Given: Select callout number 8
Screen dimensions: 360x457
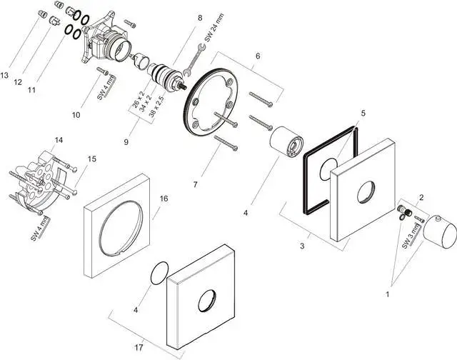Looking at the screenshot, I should pos(200,18).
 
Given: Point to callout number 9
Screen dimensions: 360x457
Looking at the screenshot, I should pos(126,142).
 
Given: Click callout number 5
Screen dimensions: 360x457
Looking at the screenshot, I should pos(362,113).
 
